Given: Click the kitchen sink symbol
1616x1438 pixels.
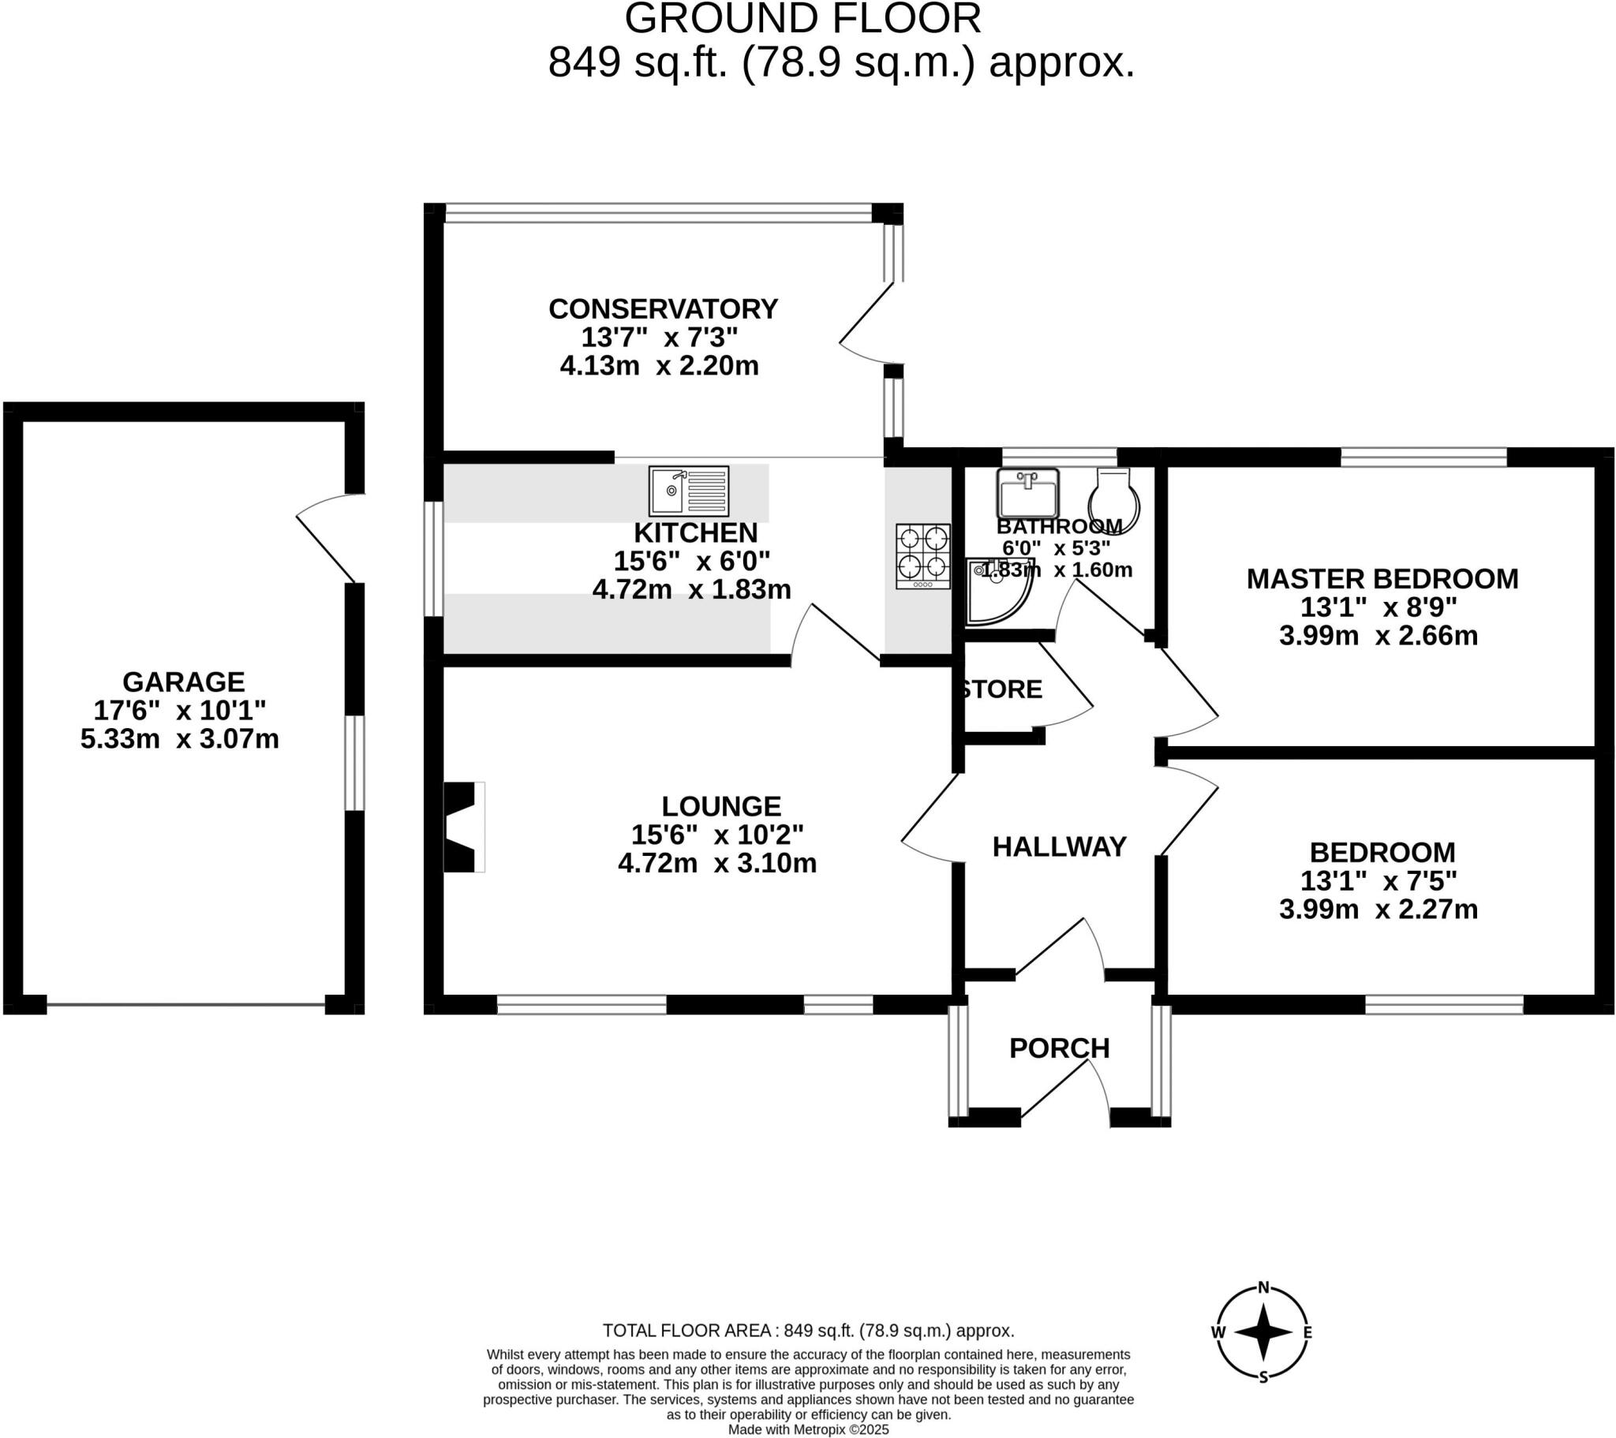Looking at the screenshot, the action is pos(689,490).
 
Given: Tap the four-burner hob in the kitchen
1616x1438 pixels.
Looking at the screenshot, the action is pos(922,556).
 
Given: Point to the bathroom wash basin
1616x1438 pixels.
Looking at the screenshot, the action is pos(1027,492).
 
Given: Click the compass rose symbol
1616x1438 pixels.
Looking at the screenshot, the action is pos(1262,1332).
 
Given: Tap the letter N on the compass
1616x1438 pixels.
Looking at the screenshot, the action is pos(1263,1287).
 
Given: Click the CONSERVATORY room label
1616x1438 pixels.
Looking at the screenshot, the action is pos(663,309).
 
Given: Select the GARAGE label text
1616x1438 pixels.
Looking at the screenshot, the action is pos(183,682).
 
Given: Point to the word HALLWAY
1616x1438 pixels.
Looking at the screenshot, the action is pos(1059,846).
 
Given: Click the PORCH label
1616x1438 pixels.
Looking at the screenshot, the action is pos(1060,1048).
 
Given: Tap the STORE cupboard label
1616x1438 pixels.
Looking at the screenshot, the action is pos(1001,689).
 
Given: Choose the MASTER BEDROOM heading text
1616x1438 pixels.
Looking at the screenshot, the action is pos(1382,579).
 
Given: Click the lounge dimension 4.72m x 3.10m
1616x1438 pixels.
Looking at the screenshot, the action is pos(717,863).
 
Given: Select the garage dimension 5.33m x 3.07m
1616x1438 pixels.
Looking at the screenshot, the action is pos(179,739).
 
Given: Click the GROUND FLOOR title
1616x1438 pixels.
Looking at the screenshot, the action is pos(802,19).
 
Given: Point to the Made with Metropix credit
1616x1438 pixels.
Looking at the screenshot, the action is pos(808,1429).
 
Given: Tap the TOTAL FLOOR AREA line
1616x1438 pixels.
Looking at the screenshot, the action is pos(808,1331).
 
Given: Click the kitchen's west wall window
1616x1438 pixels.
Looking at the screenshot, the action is pos(433,558).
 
